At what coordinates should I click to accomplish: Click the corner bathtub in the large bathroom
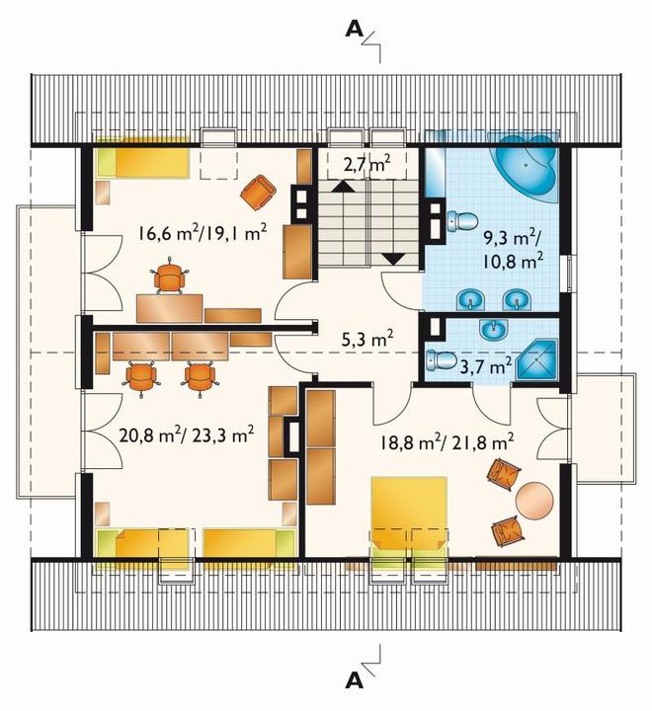[x=524, y=166]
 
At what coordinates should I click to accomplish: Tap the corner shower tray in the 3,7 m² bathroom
[x=537, y=360]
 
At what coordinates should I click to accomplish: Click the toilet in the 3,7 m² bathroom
[x=442, y=360]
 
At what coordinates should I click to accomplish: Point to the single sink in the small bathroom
[x=493, y=329]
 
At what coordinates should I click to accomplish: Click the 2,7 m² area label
[x=367, y=164]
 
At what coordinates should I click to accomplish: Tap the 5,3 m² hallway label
[x=367, y=339]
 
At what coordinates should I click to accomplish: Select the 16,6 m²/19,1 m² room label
[x=202, y=233]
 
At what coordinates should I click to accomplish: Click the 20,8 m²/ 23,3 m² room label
[x=186, y=435]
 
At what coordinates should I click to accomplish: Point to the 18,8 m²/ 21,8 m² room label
[x=447, y=441]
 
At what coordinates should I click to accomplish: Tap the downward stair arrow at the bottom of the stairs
[x=393, y=259]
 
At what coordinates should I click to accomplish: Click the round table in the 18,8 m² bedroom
[x=534, y=500]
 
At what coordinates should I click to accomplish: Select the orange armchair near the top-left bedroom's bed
[x=258, y=192]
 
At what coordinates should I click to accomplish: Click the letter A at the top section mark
[x=355, y=30]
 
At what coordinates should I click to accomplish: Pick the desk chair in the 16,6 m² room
[x=170, y=276]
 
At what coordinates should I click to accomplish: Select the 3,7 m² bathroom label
[x=486, y=365]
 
